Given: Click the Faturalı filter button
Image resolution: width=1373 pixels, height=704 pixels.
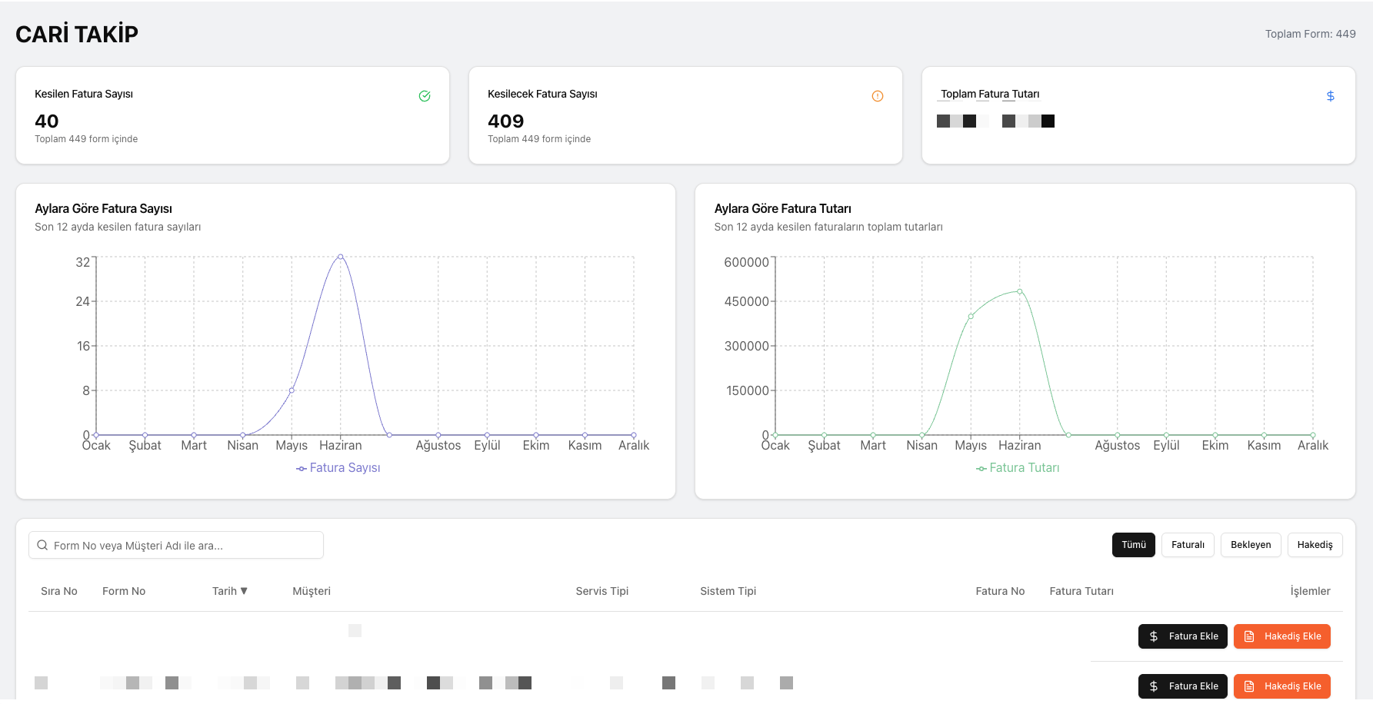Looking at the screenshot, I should tap(1188, 545).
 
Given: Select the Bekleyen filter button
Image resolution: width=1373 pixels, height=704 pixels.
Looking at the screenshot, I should tap(1251, 545).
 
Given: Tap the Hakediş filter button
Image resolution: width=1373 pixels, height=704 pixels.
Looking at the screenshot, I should tap(1315, 545).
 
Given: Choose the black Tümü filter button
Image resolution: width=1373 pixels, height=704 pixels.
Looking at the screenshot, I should tap(1133, 545).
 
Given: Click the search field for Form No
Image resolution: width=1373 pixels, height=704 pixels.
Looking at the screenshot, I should tap(176, 546).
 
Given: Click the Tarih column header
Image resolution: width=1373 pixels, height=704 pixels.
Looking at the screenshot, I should tap(229, 591).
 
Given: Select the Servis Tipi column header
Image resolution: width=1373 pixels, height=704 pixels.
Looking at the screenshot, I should tap(602, 591).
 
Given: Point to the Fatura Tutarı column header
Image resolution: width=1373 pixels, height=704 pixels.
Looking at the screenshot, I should tap(1081, 591).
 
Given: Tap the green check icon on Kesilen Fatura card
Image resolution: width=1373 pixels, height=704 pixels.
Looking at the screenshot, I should tap(425, 96).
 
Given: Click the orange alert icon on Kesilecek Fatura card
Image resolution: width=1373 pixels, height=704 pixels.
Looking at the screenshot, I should tap(878, 96).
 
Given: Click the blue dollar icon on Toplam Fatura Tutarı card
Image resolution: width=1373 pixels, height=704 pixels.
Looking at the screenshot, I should tap(1330, 96).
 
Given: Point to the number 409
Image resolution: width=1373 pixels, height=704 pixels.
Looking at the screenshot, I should tap(505, 121).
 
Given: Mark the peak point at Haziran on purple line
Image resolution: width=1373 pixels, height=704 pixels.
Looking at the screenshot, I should tap(341, 257).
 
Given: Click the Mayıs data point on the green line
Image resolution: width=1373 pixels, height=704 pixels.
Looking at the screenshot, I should tap(971, 316).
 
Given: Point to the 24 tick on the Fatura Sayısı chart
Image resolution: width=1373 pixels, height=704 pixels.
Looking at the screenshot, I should tap(83, 301).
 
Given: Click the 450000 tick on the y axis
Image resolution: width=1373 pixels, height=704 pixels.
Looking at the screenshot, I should tap(746, 301).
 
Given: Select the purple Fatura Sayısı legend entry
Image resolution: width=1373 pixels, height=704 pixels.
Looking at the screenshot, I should tap(338, 468).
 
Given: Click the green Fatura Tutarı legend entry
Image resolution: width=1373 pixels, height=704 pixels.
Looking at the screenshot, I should tap(1018, 468).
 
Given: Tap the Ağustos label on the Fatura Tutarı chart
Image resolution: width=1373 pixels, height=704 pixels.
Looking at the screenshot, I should tap(1117, 446).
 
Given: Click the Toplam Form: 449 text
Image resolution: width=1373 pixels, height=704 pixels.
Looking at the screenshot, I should tap(1310, 34).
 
